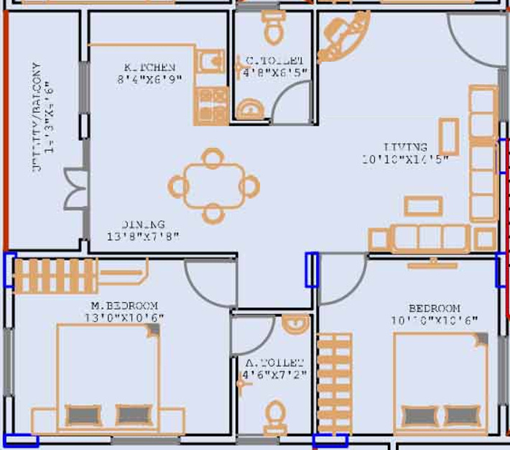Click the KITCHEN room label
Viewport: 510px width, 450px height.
click(x=149, y=67)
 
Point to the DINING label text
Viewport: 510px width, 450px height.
click(x=143, y=224)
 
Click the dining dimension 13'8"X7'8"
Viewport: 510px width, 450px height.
click(x=143, y=236)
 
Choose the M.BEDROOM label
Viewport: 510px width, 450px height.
click(x=119, y=306)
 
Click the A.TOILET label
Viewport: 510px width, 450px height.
click(x=274, y=363)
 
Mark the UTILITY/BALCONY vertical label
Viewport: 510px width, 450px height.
click(x=36, y=119)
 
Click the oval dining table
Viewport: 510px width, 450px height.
click(x=212, y=185)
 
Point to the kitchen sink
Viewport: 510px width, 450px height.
click(x=210, y=63)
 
